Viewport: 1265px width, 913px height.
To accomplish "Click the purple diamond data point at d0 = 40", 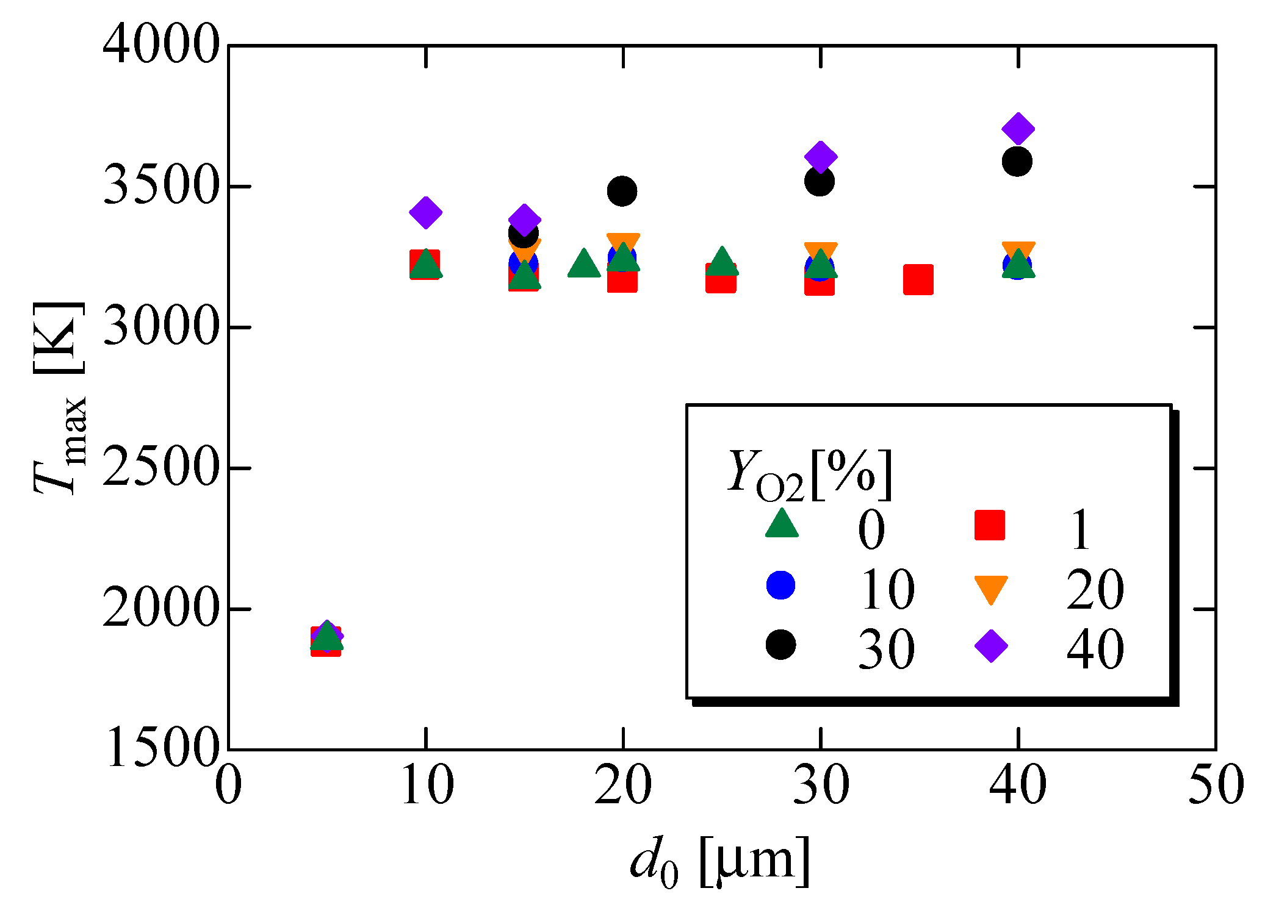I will coord(1017,129).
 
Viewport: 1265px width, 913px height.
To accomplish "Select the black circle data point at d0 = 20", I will coord(622,191).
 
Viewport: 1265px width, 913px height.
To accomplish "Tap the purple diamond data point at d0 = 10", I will coord(426,212).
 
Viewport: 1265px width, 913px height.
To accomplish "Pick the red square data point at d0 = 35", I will coord(918,279).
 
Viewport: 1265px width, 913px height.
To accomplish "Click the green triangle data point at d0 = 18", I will coord(583,264).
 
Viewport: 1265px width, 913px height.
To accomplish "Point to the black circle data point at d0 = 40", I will coord(1017,162).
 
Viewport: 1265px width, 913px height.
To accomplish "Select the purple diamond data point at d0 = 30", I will coord(820,157).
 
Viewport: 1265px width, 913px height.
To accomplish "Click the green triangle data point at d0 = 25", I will coord(722,262).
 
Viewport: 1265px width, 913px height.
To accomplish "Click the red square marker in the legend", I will coord(989,525).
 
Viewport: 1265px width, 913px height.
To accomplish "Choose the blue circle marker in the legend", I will coord(780,585).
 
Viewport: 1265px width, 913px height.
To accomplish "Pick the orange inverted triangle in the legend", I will coord(990,589).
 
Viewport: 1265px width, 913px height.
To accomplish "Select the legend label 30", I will coord(886,649).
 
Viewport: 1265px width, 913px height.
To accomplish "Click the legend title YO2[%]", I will coord(809,474).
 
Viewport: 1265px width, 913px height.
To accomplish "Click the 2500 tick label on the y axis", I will coord(160,468).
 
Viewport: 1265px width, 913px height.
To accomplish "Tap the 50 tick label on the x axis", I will coord(1216,786).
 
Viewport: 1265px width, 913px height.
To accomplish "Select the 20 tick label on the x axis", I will coord(622,786).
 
